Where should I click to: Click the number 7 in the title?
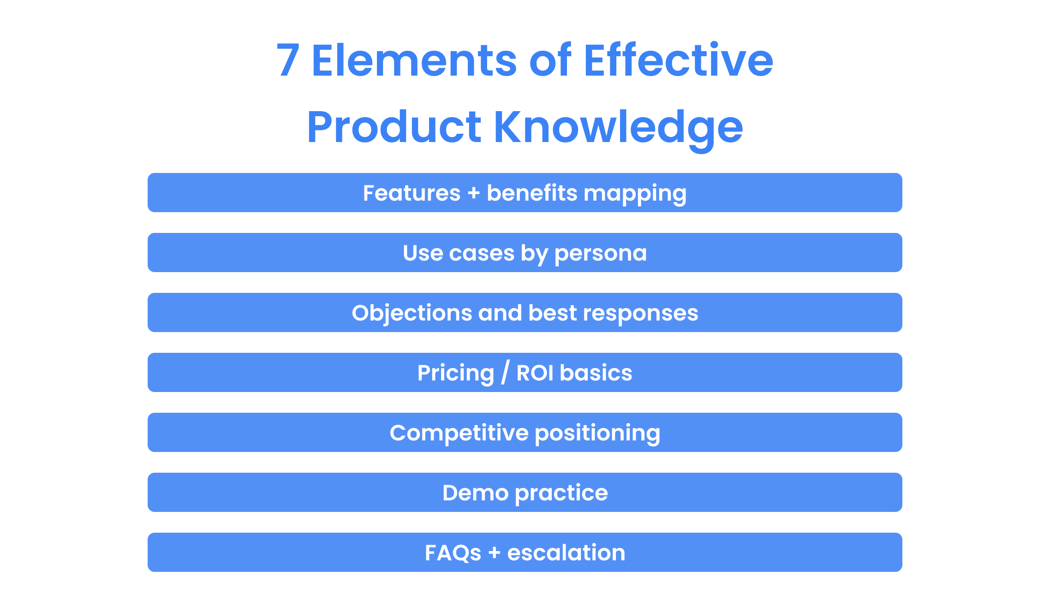(288, 60)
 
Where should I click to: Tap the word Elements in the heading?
(414, 60)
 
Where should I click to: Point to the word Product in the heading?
(394, 127)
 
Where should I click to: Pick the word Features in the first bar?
(412, 193)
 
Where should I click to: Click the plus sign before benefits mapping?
(474, 193)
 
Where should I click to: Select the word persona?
(601, 254)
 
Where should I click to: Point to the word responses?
(640, 314)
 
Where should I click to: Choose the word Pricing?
(456, 374)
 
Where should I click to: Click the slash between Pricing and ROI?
(506, 372)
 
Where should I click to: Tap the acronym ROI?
(535, 373)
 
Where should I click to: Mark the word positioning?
(597, 434)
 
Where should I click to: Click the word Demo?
(475, 493)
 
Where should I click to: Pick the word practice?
(561, 493)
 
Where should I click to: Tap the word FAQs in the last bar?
(453, 552)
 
